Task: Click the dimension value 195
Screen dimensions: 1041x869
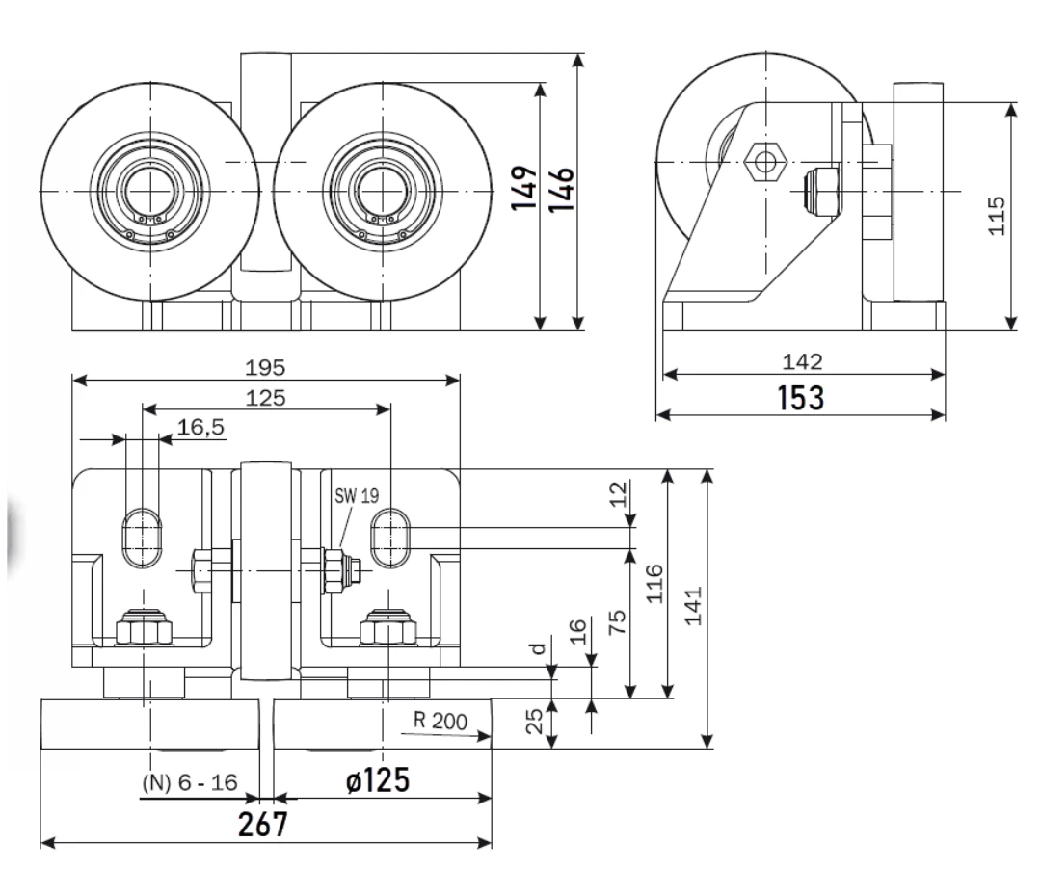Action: (x=265, y=367)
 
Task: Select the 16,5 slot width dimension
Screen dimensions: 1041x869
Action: (x=200, y=427)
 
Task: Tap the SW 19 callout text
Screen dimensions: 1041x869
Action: (x=357, y=495)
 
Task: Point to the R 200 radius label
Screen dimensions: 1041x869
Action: (x=440, y=721)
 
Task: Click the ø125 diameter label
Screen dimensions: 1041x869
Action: (x=378, y=780)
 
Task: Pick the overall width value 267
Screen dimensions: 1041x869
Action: (x=263, y=825)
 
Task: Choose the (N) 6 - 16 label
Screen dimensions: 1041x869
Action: (x=190, y=782)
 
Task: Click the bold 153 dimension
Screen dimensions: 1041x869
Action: (x=801, y=397)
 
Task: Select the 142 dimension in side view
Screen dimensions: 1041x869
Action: (x=802, y=361)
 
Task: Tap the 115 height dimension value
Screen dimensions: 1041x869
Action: (x=997, y=215)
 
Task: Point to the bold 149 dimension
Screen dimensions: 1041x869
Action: (x=523, y=189)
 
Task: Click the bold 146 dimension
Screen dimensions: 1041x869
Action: (x=560, y=189)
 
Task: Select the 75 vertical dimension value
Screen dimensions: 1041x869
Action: (x=617, y=621)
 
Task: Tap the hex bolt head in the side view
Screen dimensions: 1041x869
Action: (x=764, y=161)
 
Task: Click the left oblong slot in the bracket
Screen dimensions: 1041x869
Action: (x=142, y=538)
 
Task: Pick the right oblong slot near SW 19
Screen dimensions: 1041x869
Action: (x=390, y=538)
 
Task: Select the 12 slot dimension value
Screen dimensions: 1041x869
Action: (x=618, y=494)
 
